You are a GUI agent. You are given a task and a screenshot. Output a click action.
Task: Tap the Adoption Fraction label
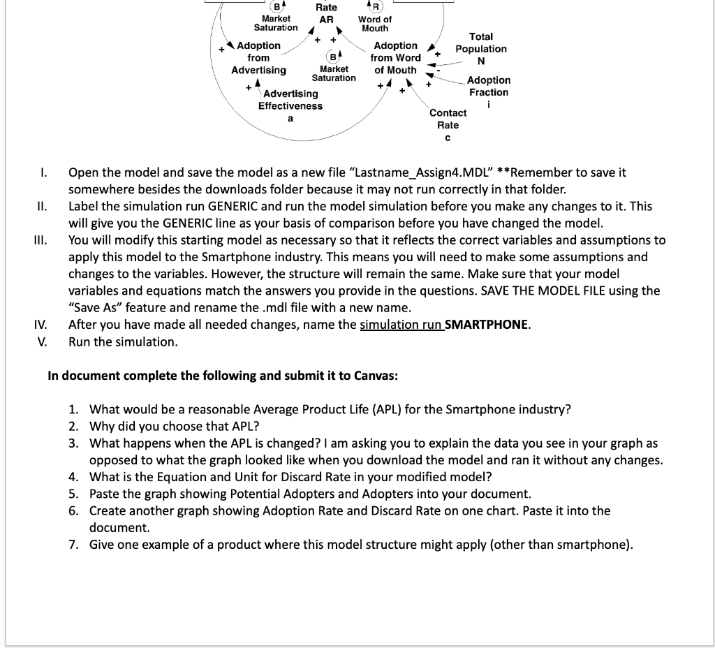pyautogui.click(x=488, y=87)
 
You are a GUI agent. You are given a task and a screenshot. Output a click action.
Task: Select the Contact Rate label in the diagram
pyautogui.click(x=448, y=119)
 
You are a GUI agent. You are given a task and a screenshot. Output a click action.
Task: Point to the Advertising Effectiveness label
pyautogui.click(x=290, y=100)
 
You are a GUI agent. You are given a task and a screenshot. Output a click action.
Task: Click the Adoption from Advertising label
pyautogui.click(x=258, y=58)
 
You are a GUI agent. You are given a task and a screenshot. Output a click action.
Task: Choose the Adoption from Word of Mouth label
pyautogui.click(x=395, y=58)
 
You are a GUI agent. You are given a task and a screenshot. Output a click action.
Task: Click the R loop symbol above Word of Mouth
pyautogui.click(x=375, y=7)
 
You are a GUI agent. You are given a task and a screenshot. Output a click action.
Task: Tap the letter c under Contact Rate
pyautogui.click(x=448, y=138)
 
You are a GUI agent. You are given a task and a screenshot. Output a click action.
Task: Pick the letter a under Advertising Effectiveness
pyautogui.click(x=290, y=119)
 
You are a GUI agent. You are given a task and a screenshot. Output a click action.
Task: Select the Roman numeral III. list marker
pyautogui.click(x=40, y=240)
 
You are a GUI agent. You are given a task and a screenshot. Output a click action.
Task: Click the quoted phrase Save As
pyautogui.click(x=92, y=308)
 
